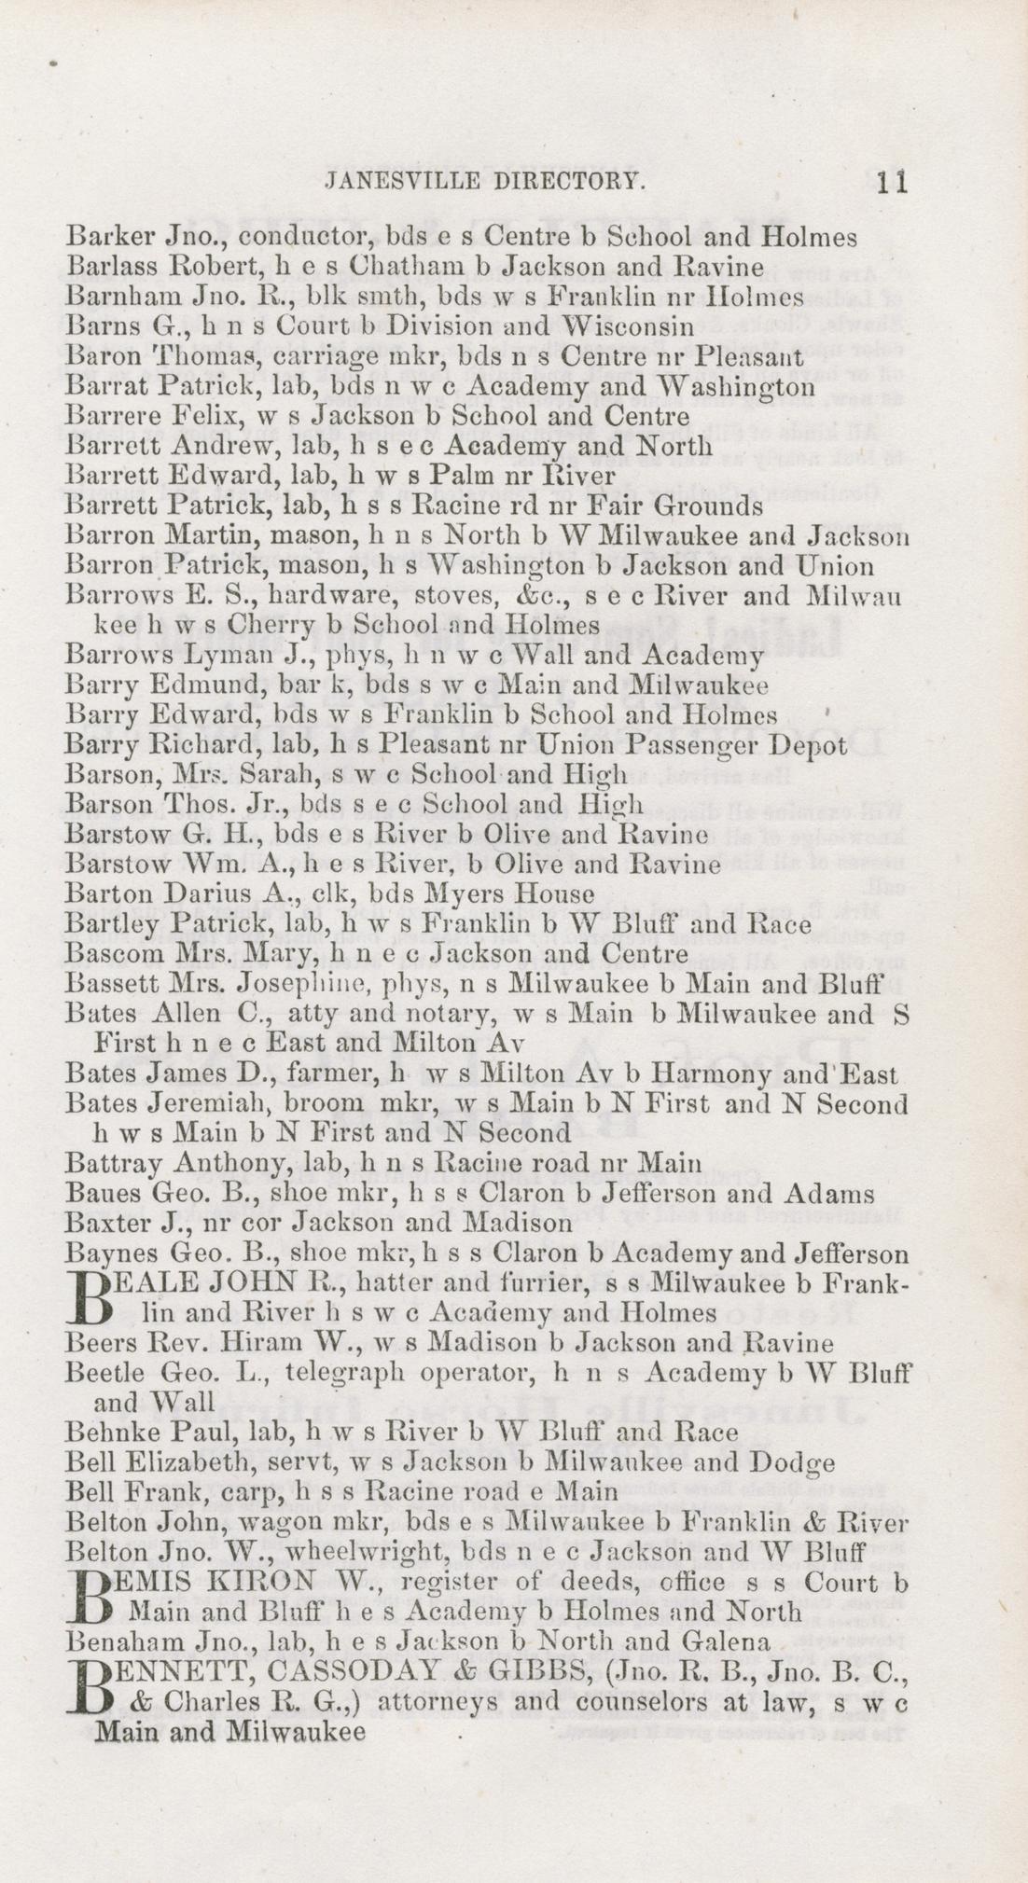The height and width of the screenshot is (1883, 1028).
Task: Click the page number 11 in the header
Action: click(892, 181)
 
